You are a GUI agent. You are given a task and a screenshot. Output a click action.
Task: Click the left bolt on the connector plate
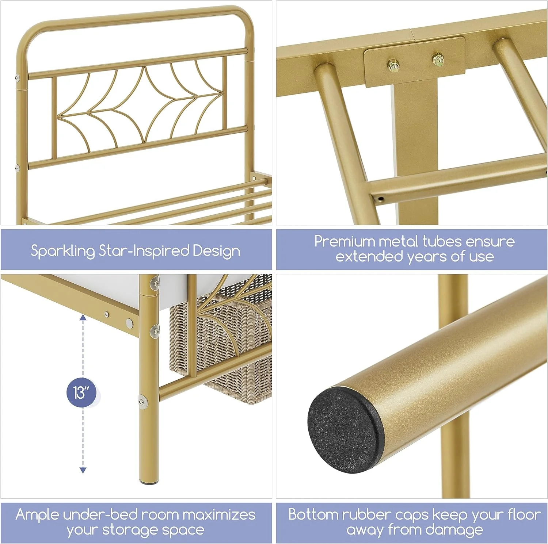pos(393,66)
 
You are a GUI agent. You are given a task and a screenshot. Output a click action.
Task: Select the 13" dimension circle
pos(82,393)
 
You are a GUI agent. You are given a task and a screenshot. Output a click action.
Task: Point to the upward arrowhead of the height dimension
pos(83,318)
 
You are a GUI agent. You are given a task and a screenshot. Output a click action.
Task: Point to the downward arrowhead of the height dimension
pos(83,470)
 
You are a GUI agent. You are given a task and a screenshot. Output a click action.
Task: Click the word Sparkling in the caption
pos(62,252)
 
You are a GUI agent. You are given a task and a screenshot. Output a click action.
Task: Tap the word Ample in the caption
pos(37,515)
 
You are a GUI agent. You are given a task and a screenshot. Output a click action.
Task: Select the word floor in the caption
pos(524,514)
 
